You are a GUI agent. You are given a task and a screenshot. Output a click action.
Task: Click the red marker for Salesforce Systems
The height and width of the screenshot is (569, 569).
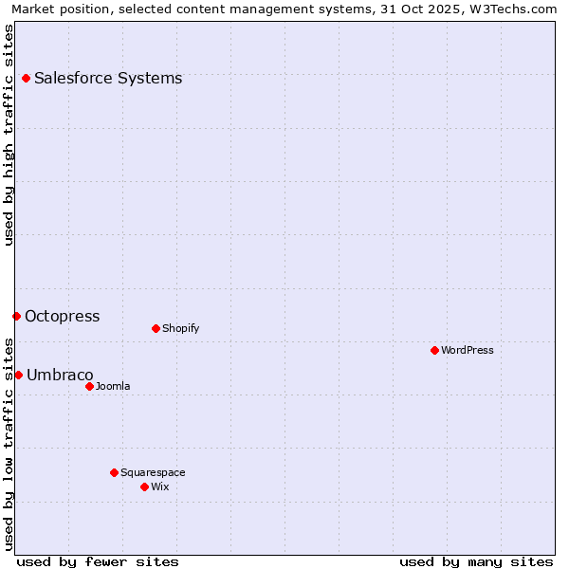click(x=26, y=78)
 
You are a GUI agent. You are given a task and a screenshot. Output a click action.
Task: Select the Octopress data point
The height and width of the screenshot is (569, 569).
click(x=16, y=316)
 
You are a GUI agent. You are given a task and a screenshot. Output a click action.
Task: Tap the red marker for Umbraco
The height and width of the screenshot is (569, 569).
click(x=18, y=375)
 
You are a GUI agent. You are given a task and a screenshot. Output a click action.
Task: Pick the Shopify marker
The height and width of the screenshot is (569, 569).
click(x=156, y=328)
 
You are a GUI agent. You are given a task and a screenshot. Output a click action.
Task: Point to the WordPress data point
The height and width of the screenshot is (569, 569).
click(x=434, y=350)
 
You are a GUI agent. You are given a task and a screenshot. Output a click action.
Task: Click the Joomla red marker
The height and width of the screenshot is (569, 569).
click(x=89, y=386)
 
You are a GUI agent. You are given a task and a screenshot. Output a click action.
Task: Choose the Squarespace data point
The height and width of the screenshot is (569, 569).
click(x=114, y=472)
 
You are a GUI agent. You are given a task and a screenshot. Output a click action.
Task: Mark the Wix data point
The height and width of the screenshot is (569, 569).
click(x=144, y=486)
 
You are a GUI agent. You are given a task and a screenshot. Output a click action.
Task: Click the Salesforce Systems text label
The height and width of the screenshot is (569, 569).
click(x=108, y=78)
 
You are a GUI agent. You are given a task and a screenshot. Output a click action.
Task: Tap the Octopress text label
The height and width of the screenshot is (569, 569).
click(x=62, y=316)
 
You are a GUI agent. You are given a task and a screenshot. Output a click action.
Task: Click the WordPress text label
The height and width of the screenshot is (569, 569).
click(x=468, y=350)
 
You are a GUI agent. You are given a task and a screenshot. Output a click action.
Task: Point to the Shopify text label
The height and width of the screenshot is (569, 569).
click(x=180, y=328)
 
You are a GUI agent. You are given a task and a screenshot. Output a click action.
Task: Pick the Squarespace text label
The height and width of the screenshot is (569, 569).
click(x=153, y=472)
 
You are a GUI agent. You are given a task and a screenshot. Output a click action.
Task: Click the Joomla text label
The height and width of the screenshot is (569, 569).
click(x=113, y=386)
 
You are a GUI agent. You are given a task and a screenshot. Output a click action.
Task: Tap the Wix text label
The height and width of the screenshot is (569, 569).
click(x=160, y=486)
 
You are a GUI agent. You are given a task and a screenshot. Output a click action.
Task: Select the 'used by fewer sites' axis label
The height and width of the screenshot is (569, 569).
click(x=98, y=561)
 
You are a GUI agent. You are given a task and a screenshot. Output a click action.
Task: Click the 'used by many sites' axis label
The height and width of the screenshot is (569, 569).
click(x=476, y=561)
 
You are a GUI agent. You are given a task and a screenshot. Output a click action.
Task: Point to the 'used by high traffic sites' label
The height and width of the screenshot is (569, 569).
click(x=9, y=135)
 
